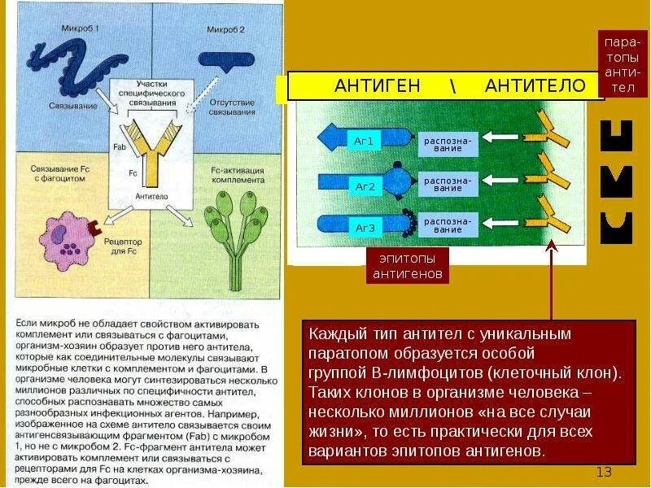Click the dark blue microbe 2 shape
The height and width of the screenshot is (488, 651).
[x=225, y=59]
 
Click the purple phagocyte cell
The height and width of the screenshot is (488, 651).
[x=65, y=237]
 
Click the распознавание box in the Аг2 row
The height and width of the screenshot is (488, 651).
[x=447, y=184]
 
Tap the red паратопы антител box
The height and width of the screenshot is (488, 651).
[x=622, y=64]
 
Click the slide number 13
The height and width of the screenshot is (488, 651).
[x=603, y=473]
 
